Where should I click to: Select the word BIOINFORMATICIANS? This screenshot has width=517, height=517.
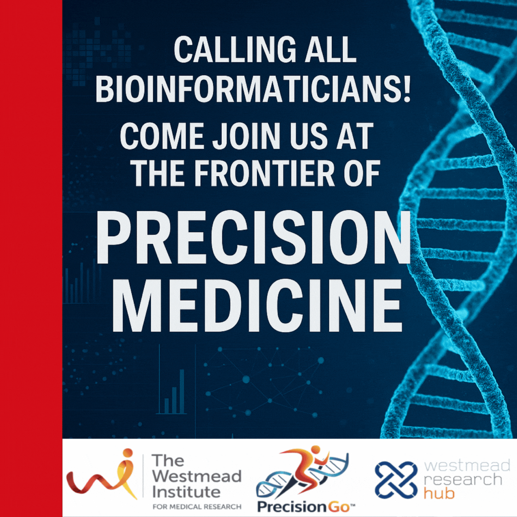coord(253,90)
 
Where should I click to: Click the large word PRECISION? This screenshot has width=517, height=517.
coord(253,238)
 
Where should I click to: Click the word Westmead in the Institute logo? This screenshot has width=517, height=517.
coord(196,476)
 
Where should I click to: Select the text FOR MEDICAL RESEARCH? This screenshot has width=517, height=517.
coord(197,506)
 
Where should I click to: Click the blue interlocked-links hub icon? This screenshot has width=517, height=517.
coord(396,479)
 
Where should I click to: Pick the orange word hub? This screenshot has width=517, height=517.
coord(439,493)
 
